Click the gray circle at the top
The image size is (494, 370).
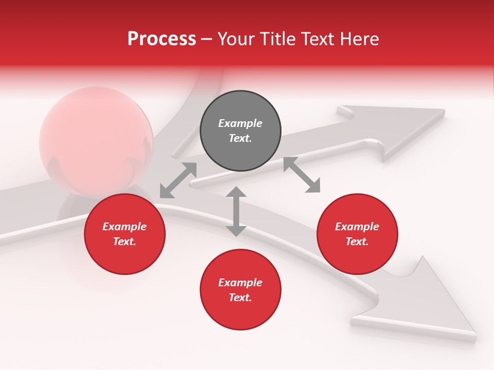240,131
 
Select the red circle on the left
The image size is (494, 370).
125,234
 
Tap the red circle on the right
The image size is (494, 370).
357,234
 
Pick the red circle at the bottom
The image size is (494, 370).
240,290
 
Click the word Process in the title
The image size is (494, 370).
162,39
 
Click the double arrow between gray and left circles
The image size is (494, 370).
178,180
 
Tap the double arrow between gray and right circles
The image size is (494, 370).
302,175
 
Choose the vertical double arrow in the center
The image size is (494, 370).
236,211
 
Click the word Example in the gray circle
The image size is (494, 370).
240,123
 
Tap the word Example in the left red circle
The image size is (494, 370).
125,227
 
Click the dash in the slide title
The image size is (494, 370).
207,39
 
